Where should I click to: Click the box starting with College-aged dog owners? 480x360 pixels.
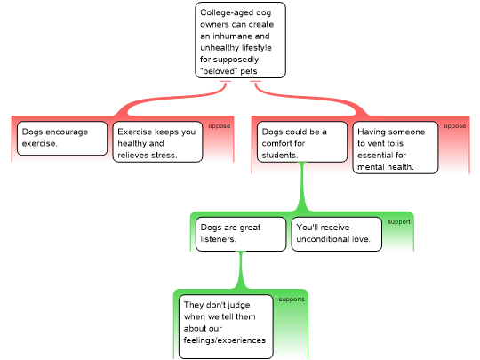240,40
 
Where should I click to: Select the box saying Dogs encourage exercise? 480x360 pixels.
62,139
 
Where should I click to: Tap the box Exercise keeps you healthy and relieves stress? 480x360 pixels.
157,141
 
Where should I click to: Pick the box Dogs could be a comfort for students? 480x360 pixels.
302,141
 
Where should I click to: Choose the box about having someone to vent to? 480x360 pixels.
396,148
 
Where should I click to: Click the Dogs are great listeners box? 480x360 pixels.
241,234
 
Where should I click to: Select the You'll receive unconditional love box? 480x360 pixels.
336,234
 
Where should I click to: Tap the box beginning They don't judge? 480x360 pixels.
226,326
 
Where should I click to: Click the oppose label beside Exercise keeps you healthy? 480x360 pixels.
220,126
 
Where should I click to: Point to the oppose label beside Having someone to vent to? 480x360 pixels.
455,126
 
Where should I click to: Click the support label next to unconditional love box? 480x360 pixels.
399,221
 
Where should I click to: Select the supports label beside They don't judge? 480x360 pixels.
292,300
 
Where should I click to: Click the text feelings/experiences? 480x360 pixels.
224,340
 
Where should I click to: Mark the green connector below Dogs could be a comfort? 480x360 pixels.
302,187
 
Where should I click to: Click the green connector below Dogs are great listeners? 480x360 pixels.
241,270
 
